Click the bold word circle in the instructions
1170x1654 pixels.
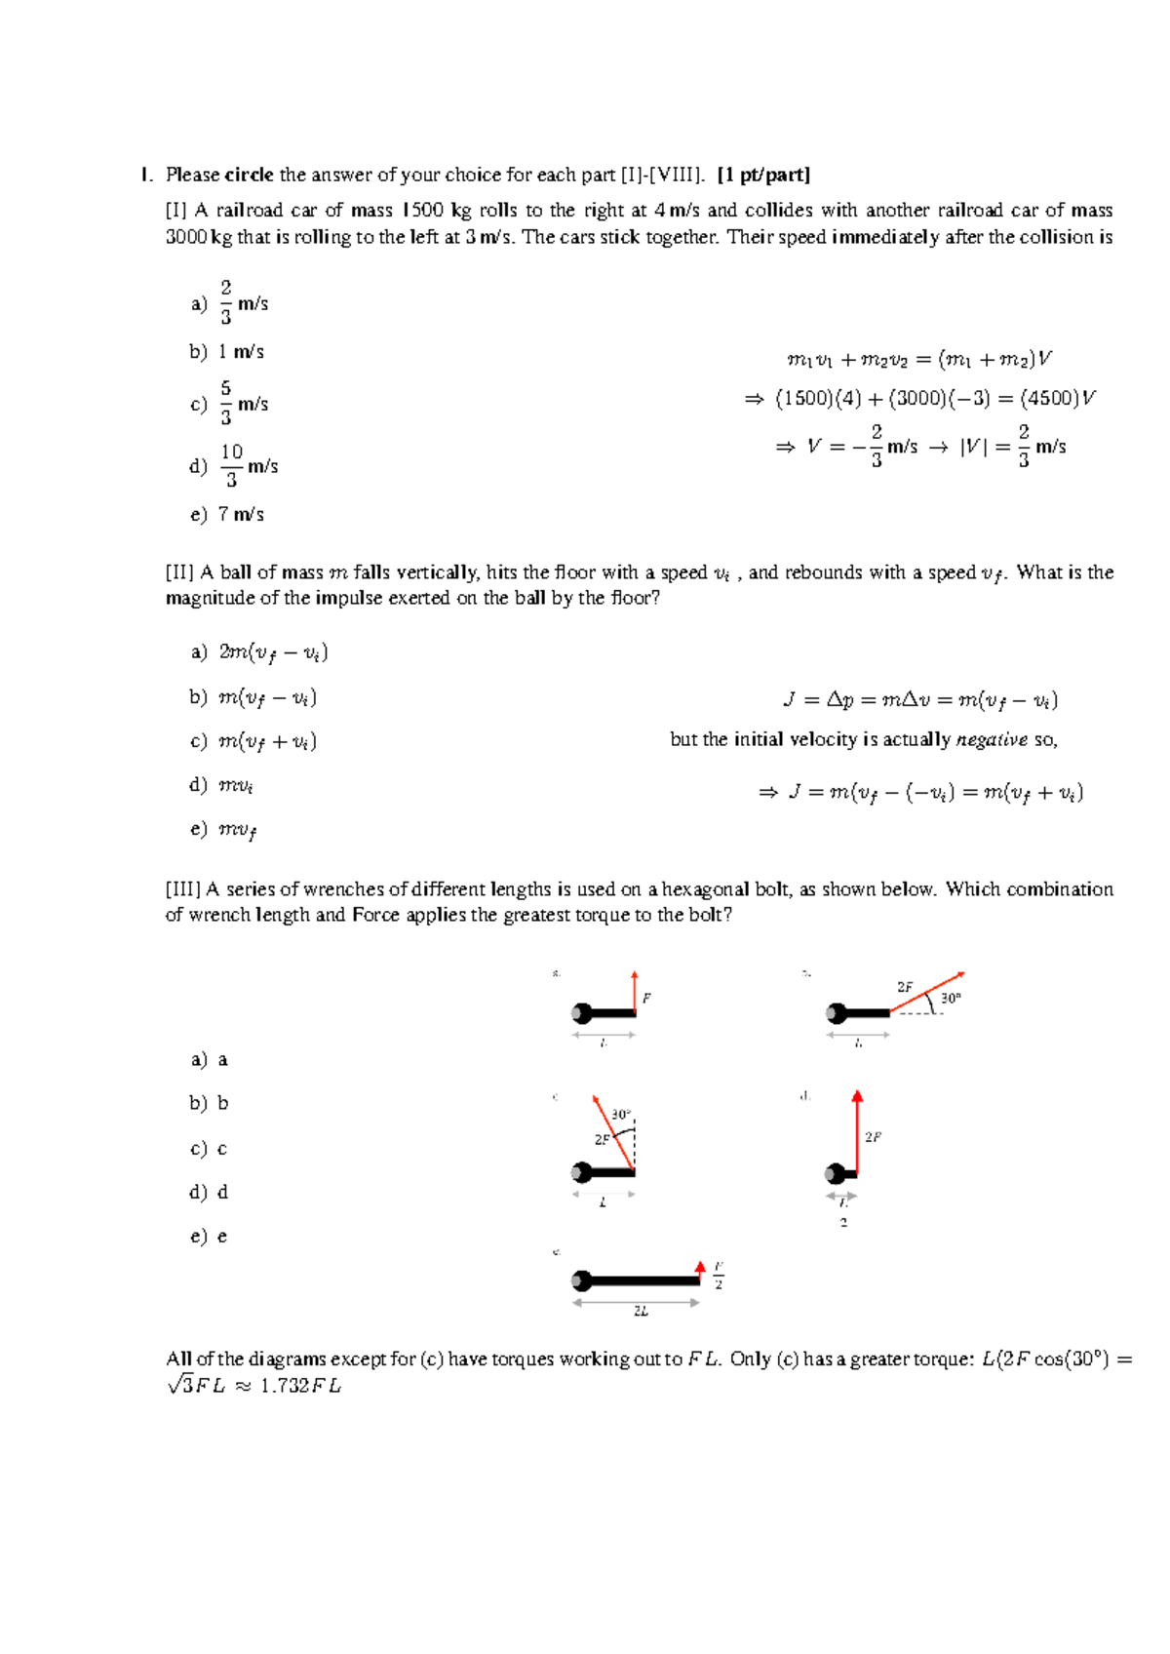click(x=249, y=176)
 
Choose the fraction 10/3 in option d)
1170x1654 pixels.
click(x=231, y=466)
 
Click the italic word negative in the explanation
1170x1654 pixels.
click(x=992, y=740)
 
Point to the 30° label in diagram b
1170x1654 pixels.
click(x=951, y=999)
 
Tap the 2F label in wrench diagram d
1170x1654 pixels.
click(x=873, y=1137)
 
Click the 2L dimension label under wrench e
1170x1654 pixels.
click(x=641, y=1312)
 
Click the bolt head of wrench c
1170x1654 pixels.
click(x=582, y=1172)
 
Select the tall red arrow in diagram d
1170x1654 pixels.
click(x=857, y=1131)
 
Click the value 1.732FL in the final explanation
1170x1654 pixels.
click(x=300, y=1387)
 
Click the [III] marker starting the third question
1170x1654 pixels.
click(x=183, y=889)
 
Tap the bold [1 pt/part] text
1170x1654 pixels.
click(x=763, y=176)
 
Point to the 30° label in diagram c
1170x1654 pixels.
click(x=621, y=1115)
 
